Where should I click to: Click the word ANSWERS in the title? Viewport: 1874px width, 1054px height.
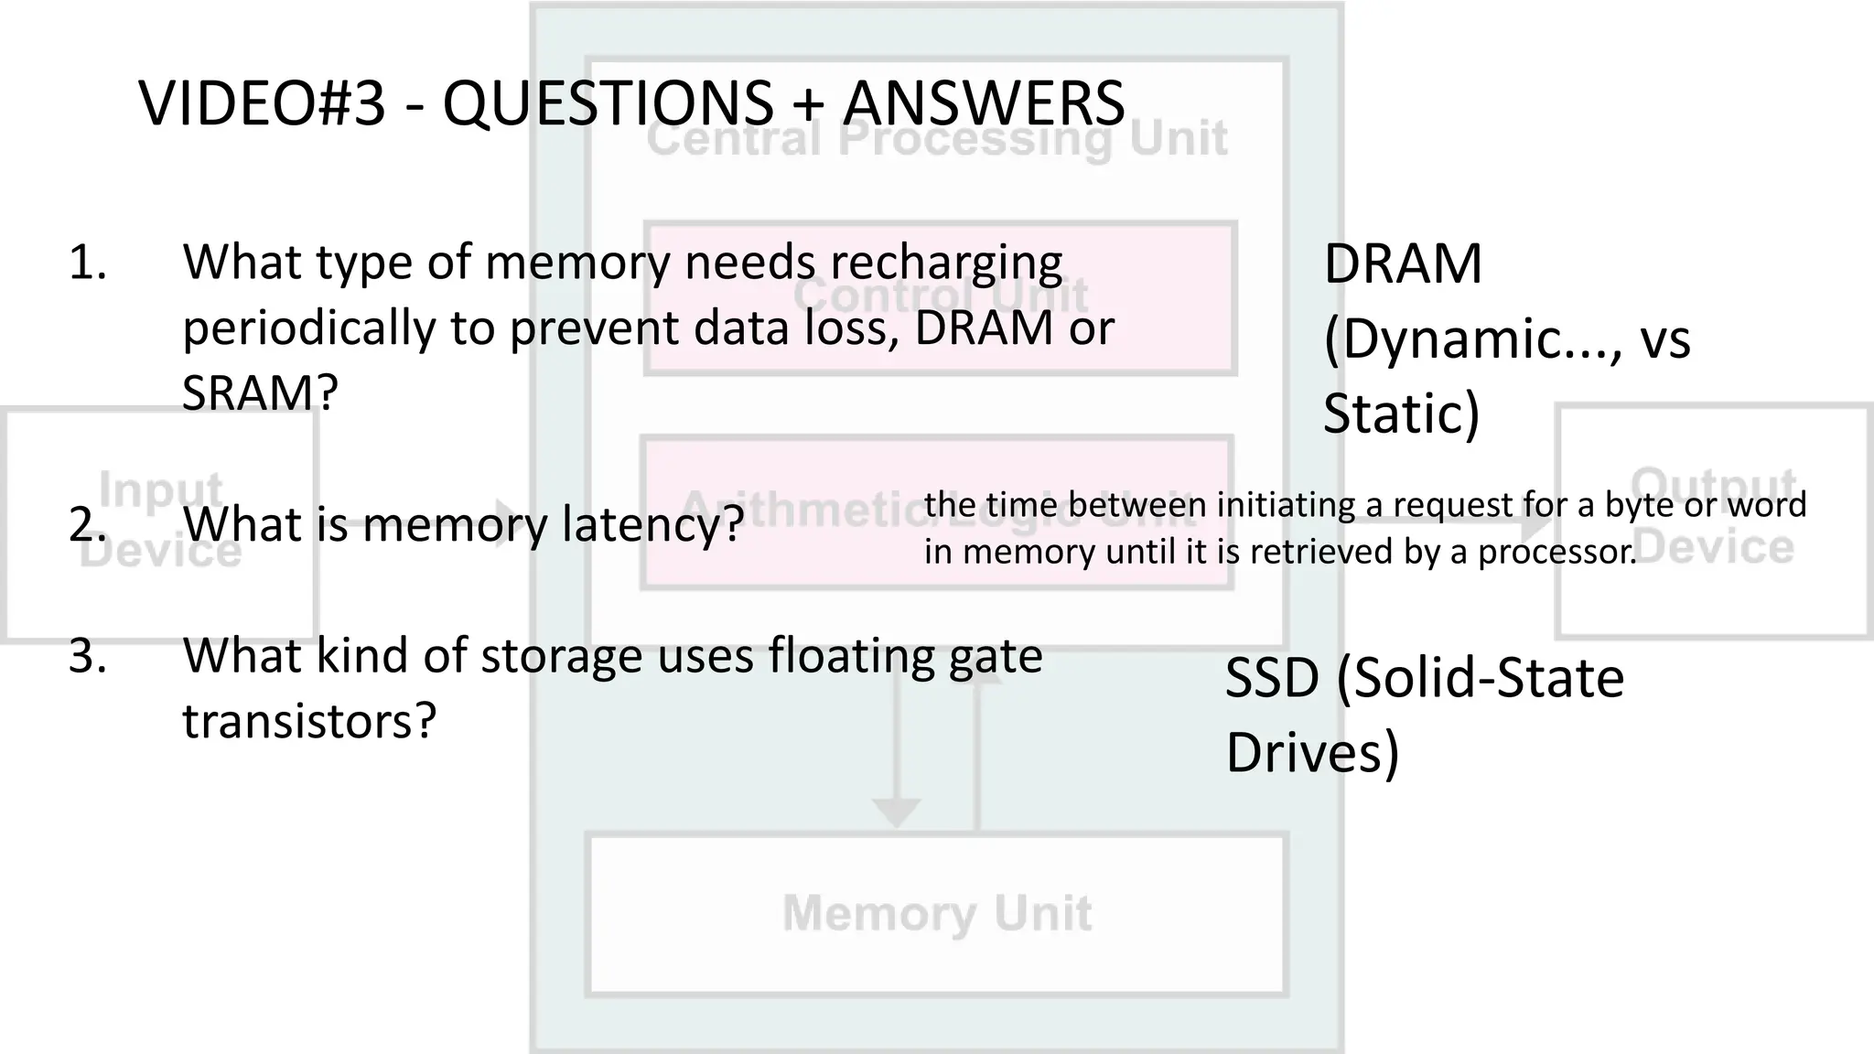984,103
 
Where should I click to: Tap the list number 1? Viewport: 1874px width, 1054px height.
87,263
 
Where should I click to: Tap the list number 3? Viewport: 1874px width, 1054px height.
87,657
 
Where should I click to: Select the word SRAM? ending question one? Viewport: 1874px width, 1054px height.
260,394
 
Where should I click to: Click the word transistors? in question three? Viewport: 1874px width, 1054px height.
309,721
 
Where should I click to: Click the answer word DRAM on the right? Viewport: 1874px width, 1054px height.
1402,265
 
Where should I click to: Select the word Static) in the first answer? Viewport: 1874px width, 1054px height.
1401,414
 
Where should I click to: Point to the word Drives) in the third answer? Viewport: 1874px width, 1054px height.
1312,753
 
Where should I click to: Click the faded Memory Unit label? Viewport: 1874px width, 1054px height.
937,913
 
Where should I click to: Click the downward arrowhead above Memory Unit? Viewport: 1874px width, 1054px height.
896,812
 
